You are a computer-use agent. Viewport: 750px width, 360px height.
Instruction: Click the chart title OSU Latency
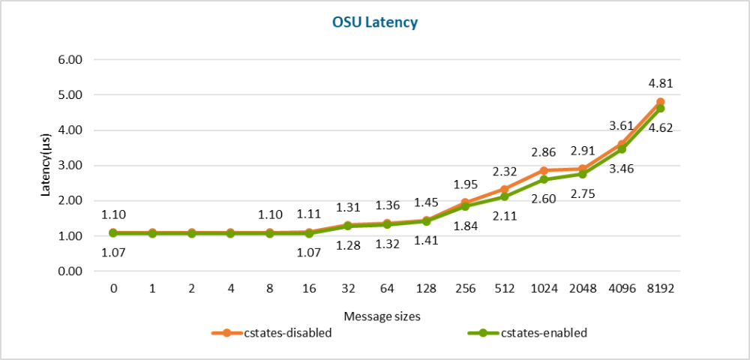coord(375,22)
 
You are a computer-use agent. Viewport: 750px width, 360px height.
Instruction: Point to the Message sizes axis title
coord(382,316)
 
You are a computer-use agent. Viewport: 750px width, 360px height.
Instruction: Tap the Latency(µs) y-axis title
coord(46,166)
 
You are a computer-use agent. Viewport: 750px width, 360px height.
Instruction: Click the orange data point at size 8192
coord(660,102)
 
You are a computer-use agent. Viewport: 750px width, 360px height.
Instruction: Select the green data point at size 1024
coord(543,180)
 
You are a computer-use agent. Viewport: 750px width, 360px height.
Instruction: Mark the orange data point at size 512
coord(504,190)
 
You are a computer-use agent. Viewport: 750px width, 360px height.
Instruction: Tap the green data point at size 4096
coord(621,149)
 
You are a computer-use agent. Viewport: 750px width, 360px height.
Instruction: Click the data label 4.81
coord(660,83)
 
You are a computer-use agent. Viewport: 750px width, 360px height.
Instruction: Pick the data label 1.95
coord(465,184)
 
